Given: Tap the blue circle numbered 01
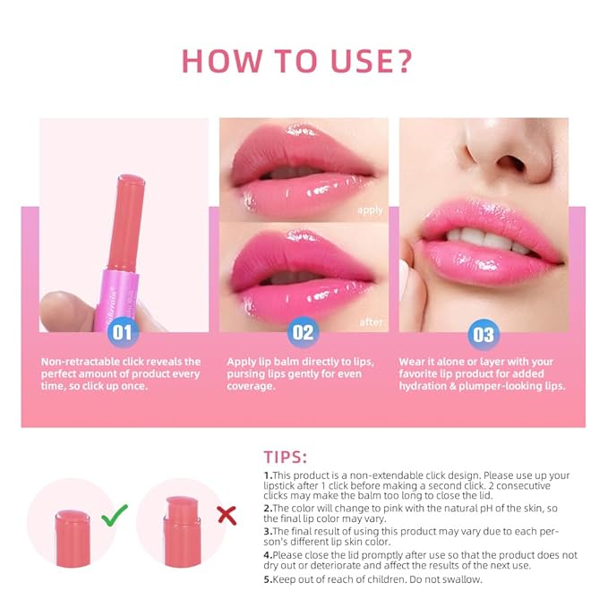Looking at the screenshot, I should [x=123, y=333].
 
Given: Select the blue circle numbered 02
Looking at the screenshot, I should [x=304, y=333].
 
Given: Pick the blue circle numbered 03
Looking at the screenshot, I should [x=483, y=335].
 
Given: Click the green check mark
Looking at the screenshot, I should [x=115, y=515].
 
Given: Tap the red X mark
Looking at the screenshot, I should [x=227, y=515].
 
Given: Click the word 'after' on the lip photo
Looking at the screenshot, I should [x=371, y=321].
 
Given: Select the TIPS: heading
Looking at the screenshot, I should [x=286, y=457].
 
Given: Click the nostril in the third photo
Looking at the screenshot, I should [x=515, y=165].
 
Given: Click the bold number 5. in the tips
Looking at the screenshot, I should [x=268, y=579].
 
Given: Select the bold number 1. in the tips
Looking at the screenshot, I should [x=268, y=475].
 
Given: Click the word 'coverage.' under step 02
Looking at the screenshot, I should [x=249, y=387].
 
